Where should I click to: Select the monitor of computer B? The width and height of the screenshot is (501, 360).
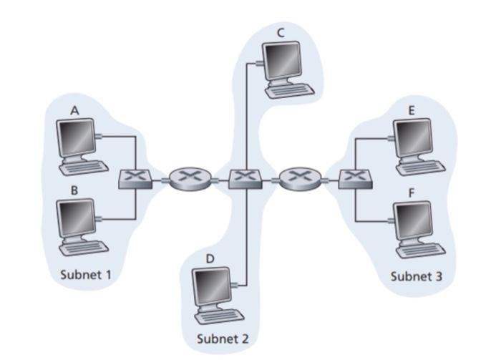[77, 216]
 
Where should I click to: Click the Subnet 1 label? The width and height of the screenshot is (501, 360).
[86, 273]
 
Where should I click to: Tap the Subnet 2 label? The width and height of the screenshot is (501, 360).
[223, 339]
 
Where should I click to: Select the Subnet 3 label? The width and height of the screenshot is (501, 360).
[417, 276]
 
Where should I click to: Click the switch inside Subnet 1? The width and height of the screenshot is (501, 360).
[135, 178]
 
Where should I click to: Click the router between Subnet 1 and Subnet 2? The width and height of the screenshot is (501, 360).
[190, 177]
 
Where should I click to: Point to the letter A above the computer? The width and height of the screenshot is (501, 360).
[74, 110]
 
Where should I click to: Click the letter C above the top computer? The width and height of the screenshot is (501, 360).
[280, 32]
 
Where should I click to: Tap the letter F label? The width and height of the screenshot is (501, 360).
[411, 193]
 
